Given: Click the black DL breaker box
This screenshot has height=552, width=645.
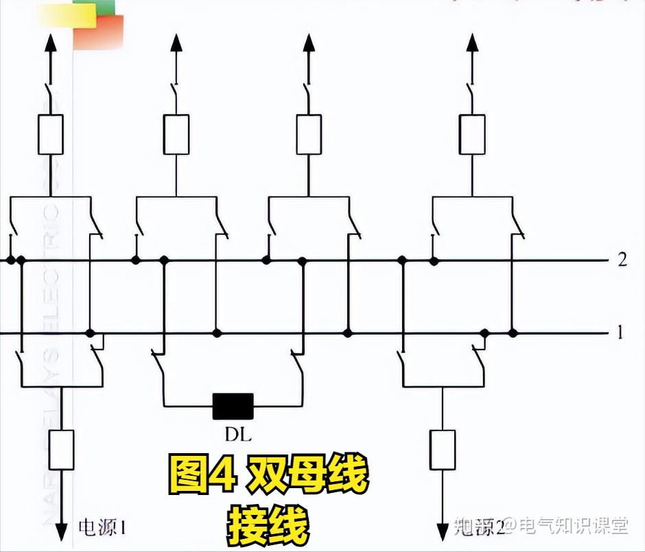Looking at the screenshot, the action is pos(233,406).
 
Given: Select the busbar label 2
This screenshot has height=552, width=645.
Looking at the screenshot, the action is pos(622,260).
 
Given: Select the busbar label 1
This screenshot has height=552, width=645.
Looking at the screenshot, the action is pos(620,333).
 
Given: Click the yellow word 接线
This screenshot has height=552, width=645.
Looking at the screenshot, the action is pos(268,525).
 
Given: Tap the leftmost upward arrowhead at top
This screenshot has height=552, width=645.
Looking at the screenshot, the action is pos(50,43).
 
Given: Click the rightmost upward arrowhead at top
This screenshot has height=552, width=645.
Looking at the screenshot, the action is pos(472,43).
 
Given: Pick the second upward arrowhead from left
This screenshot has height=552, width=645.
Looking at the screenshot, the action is pos(176,43).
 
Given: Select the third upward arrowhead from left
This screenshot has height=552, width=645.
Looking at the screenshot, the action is pos(308,43).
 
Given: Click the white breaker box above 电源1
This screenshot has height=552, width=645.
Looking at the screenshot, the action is pos(62,450).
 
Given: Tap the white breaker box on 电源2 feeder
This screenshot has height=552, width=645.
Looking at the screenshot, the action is pos(443,450).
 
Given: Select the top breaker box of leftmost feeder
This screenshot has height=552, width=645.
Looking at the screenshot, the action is pos(50,135).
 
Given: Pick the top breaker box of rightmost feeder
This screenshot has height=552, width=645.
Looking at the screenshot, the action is pos(472,135).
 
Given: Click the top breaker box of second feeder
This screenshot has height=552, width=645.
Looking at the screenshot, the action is pos(176,135).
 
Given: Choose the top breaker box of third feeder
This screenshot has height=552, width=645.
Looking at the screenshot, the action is pos(308,135).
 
